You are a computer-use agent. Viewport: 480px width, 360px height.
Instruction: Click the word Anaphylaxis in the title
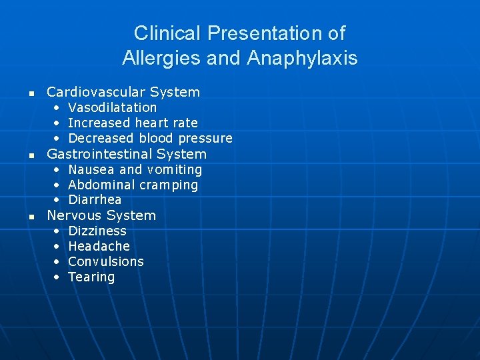pyautogui.click(x=302, y=58)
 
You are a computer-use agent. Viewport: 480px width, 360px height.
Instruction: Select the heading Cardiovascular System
pyautogui.click(x=123, y=92)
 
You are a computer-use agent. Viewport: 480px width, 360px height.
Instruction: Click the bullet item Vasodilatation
pyautogui.click(x=113, y=107)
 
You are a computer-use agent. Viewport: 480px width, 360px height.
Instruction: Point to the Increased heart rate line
pyautogui.click(x=133, y=123)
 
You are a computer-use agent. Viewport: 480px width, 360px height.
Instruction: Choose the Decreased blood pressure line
pyautogui.click(x=150, y=138)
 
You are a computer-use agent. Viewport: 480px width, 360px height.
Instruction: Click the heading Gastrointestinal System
pyautogui.click(x=127, y=154)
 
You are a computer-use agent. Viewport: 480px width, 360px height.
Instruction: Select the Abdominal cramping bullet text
pyautogui.click(x=133, y=185)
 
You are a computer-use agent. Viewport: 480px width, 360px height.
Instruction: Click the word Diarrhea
pyautogui.click(x=95, y=199)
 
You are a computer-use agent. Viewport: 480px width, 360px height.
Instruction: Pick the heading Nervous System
pyautogui.click(x=101, y=215)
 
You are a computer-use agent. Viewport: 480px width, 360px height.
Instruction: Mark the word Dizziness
pyautogui.click(x=97, y=231)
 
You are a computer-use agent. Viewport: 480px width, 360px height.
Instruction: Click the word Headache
pyautogui.click(x=99, y=246)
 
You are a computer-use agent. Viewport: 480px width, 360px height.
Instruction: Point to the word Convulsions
pyautogui.click(x=106, y=261)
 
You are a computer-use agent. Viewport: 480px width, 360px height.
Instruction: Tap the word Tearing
pyautogui.click(x=91, y=277)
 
